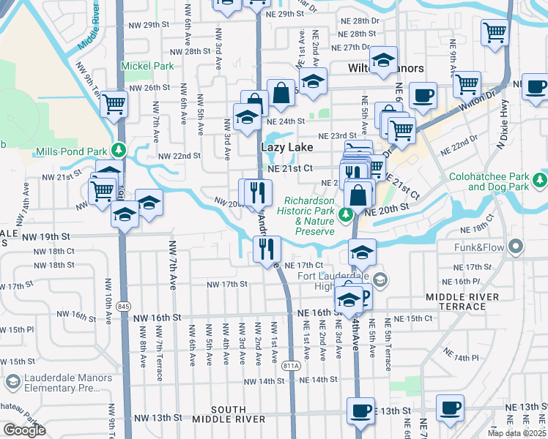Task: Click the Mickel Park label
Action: pos(147,66)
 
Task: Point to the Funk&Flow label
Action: pos(478,247)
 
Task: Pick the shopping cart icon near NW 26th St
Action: pos(114,104)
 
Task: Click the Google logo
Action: pos(24,430)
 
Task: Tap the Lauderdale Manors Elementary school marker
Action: pos(12,382)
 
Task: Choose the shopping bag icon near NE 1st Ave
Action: pos(281,92)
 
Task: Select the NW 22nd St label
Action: pos(179,156)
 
